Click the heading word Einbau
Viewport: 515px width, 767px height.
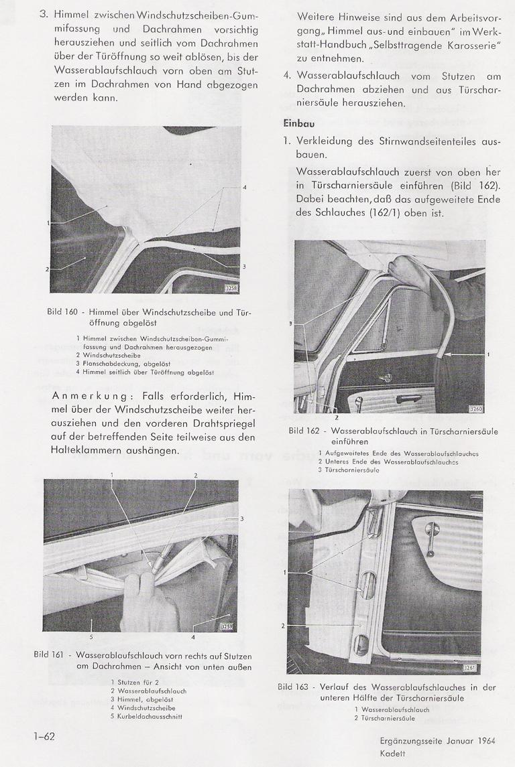point(299,124)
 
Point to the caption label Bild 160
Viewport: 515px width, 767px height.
point(63,313)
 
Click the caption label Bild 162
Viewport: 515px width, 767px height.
point(305,431)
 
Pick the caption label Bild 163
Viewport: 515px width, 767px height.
point(294,687)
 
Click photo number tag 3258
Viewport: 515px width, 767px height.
point(232,289)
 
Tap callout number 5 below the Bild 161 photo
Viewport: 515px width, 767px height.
point(92,636)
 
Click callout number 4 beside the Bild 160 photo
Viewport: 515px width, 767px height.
point(244,187)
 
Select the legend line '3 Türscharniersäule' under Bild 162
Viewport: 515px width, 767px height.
point(349,470)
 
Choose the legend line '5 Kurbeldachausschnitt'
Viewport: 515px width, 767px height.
point(147,716)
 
